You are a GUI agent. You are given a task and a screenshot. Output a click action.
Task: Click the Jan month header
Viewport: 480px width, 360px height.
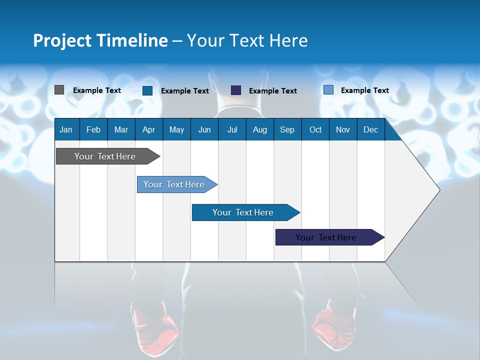[66, 129]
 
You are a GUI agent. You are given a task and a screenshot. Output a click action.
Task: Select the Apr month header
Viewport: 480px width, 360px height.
[148, 129]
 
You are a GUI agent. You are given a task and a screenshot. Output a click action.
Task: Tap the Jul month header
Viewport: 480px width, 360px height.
[232, 129]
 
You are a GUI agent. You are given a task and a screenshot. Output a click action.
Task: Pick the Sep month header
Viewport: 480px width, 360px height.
[287, 129]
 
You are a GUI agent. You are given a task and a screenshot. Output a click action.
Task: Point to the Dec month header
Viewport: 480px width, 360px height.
[370, 129]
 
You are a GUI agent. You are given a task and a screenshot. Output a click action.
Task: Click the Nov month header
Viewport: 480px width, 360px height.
[342, 129]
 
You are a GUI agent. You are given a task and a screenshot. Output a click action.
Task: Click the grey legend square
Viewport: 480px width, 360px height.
[59, 90]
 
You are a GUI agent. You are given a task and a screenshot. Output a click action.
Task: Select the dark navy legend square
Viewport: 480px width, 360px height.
[236, 90]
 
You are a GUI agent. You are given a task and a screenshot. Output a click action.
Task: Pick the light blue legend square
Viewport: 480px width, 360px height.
[328, 90]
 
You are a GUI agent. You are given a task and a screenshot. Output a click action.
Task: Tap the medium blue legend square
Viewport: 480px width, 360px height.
[147, 90]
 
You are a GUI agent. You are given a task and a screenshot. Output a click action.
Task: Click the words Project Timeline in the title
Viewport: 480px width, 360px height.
[100, 40]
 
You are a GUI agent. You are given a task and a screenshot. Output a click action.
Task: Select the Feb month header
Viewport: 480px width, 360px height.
[93, 129]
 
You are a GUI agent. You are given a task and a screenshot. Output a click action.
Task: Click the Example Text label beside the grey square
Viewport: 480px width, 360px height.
[97, 90]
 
